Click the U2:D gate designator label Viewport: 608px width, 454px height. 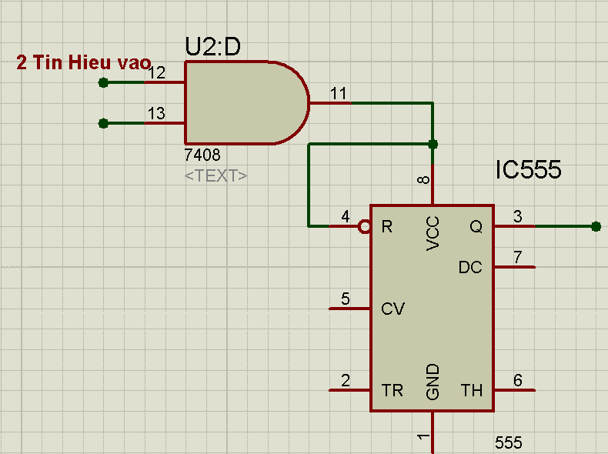213,47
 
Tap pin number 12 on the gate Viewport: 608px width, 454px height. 156,73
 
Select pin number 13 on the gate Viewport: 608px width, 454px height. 156,114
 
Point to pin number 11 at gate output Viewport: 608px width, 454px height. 339,93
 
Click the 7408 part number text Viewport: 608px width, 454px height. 202,156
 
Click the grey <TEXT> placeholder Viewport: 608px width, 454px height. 216,175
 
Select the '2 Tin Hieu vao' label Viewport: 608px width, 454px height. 83,63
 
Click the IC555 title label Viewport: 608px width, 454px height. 528,170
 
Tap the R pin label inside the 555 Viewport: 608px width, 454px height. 387,226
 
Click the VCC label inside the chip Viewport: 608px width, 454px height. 433,233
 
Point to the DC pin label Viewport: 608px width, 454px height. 470,268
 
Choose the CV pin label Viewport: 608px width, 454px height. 393,309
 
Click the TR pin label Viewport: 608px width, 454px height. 393,391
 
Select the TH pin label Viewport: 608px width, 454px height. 472,391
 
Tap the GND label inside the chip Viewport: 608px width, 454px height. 433,382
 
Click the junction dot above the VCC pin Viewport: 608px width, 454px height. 433,144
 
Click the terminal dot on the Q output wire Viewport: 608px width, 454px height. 596,226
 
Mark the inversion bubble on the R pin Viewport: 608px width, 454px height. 365,226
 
